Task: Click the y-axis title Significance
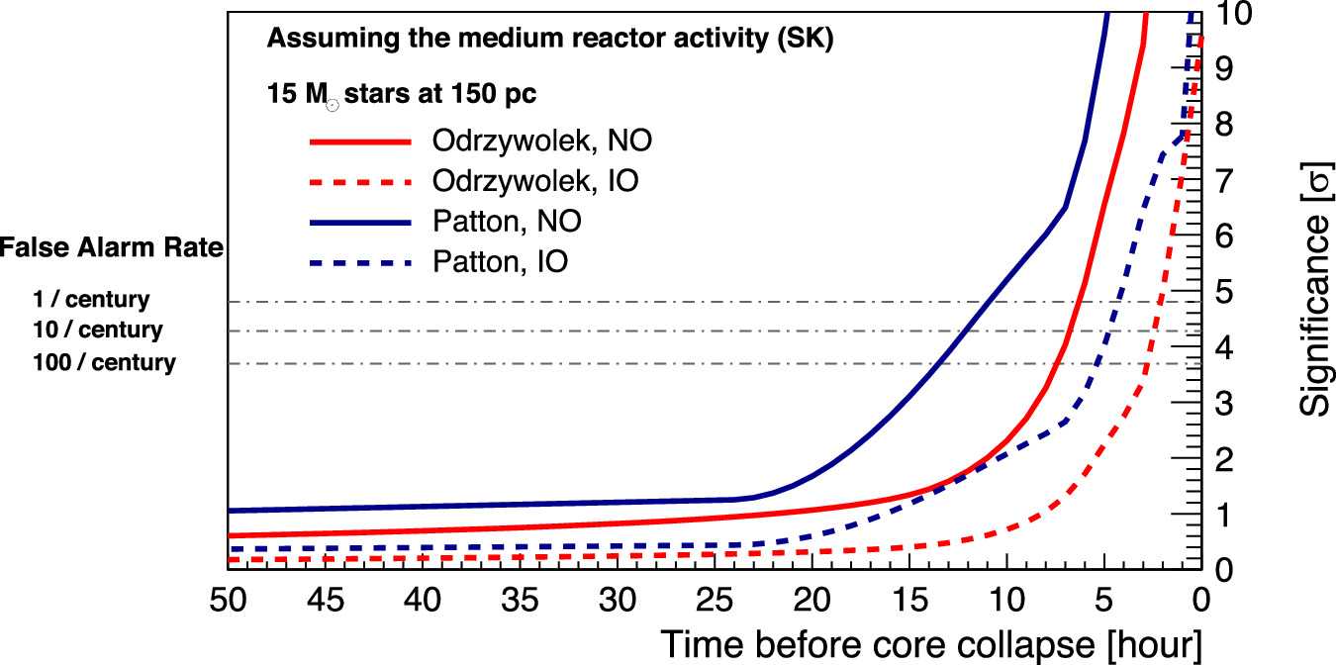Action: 1312,287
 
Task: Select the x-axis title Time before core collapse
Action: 930,644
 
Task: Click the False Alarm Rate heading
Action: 112,247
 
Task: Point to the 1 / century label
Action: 91,299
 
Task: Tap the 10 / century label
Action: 97,330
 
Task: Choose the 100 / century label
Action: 104,363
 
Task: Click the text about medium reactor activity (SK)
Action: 549,41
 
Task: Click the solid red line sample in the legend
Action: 360,142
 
